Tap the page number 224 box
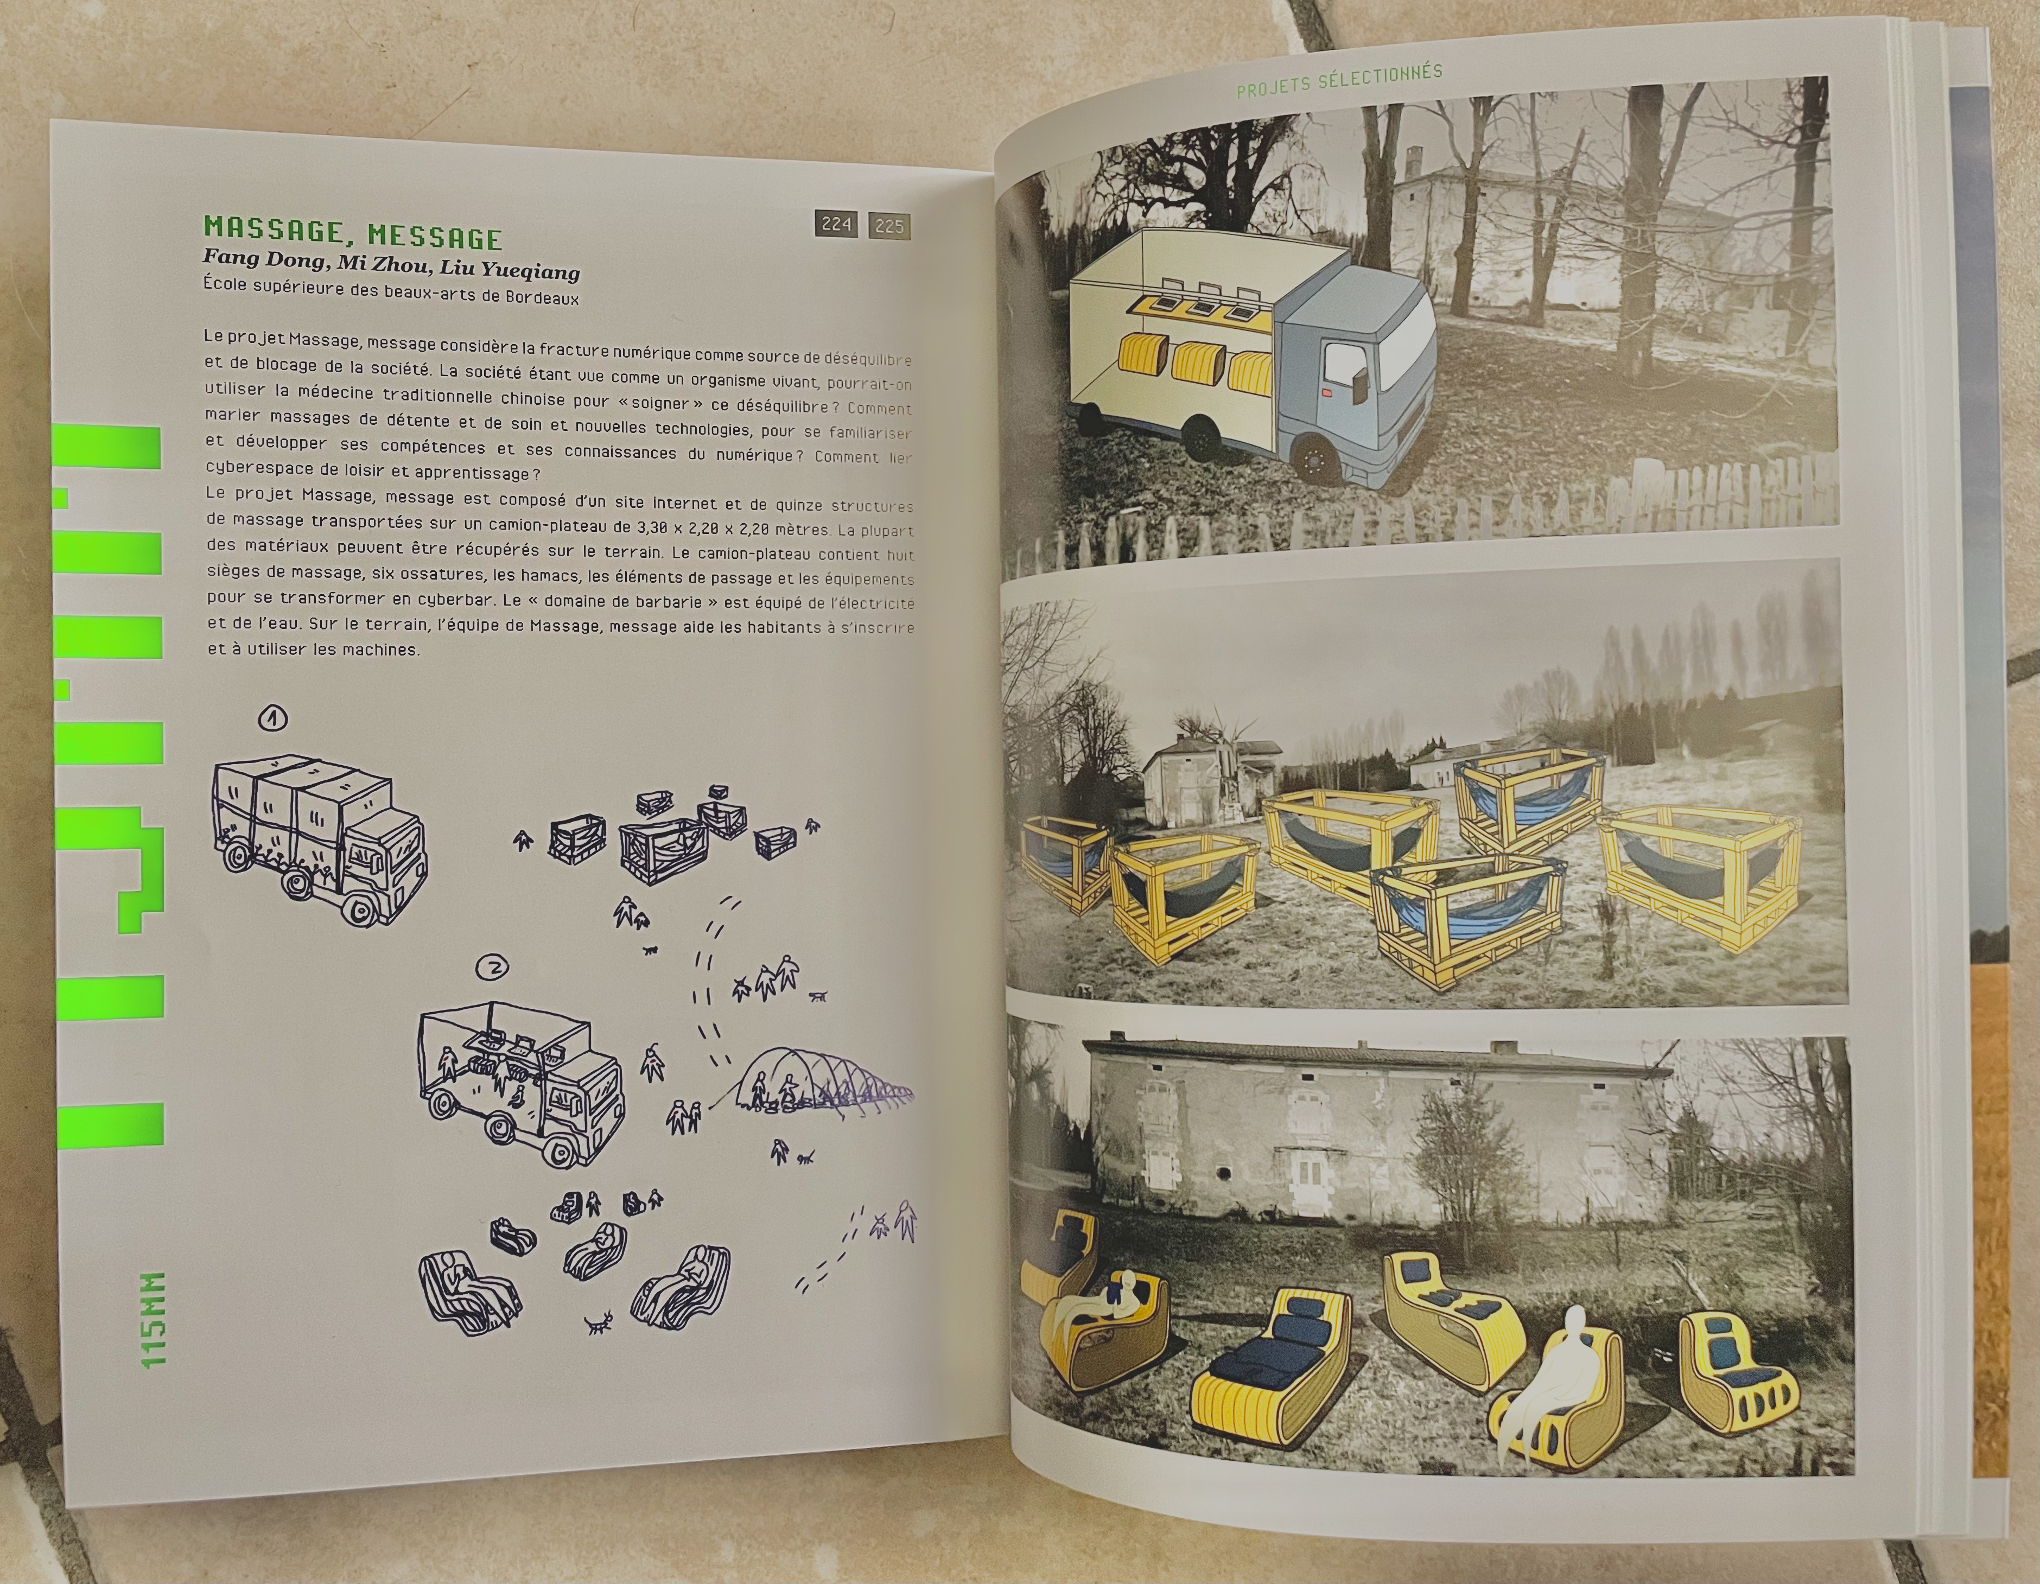point(836,224)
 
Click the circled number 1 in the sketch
point(273,718)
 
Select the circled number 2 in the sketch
point(492,968)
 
